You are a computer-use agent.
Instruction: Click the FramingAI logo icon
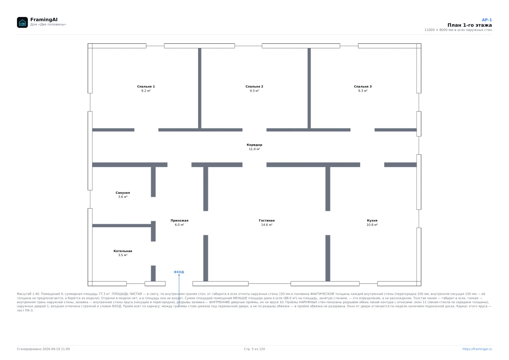[22, 22]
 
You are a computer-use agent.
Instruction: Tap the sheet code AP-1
[487, 20]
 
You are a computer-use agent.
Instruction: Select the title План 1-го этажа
[470, 25]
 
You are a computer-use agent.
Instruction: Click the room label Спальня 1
[146, 87]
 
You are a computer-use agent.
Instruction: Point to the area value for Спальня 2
[254, 91]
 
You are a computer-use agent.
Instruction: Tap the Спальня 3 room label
[363, 87]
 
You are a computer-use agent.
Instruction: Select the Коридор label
[254, 145]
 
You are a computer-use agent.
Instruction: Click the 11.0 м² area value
[254, 149]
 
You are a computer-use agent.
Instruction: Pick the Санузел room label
[123, 193]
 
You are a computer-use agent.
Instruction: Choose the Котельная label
[123, 251]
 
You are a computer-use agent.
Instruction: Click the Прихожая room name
[179, 220]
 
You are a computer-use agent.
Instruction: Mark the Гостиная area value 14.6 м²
[266, 225]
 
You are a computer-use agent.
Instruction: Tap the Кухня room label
[372, 220]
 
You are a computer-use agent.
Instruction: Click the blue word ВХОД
[179, 272]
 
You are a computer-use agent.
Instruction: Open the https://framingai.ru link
[477, 349]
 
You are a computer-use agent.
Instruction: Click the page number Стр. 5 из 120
[254, 349]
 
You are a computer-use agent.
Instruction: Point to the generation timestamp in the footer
[43, 349]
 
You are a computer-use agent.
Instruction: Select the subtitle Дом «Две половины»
[48, 24]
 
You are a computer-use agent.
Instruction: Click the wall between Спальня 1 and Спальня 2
[199, 88]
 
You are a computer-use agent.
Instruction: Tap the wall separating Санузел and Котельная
[122, 226]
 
